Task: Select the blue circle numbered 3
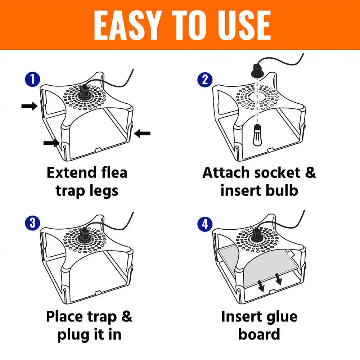tap(33, 223)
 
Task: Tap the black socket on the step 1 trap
tap(85, 92)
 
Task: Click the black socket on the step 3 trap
tap(85, 236)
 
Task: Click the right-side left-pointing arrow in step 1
tap(143, 134)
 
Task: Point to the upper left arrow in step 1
tap(29, 106)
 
